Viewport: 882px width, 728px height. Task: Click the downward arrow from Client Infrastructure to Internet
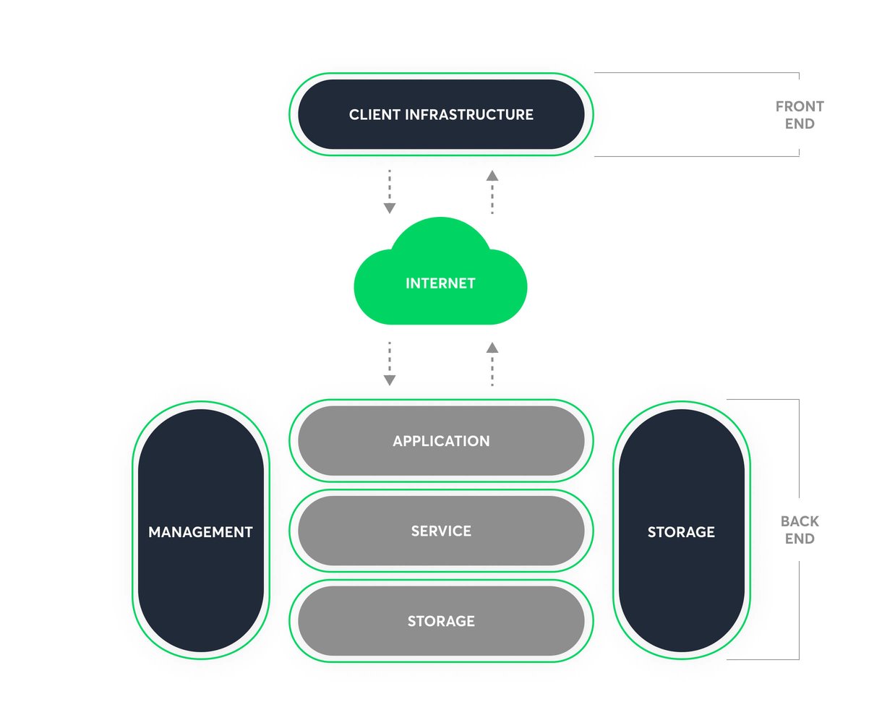click(390, 192)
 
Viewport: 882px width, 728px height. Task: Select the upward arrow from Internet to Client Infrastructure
click(492, 192)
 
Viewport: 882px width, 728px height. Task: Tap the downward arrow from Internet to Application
click(390, 364)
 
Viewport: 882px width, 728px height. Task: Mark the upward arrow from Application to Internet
click(492, 364)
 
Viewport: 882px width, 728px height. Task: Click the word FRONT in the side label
click(800, 106)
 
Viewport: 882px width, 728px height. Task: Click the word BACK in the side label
click(800, 521)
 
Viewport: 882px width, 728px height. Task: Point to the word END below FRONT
click(800, 124)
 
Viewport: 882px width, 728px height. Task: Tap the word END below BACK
click(800, 539)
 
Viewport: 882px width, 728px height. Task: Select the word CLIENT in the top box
click(374, 114)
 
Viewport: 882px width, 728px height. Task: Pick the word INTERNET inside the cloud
click(440, 283)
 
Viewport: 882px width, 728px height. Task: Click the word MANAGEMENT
click(200, 532)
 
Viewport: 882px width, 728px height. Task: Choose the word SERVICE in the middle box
click(441, 531)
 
